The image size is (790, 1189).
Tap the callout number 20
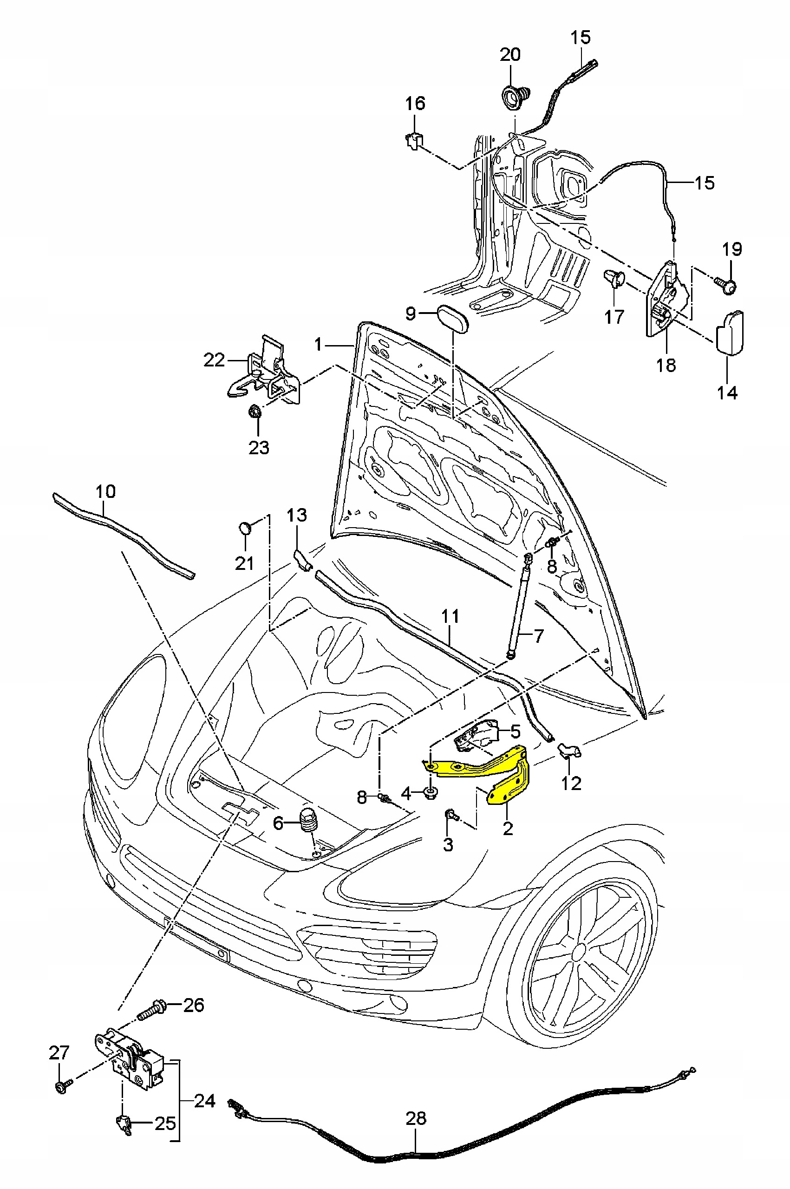[x=510, y=55]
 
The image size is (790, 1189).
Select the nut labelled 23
[x=255, y=412]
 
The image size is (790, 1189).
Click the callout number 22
[x=214, y=360]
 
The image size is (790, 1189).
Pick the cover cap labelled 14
[x=730, y=333]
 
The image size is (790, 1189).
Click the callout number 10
[x=105, y=491]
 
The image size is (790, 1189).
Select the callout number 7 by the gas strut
[x=539, y=636]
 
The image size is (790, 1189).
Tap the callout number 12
[x=571, y=783]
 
